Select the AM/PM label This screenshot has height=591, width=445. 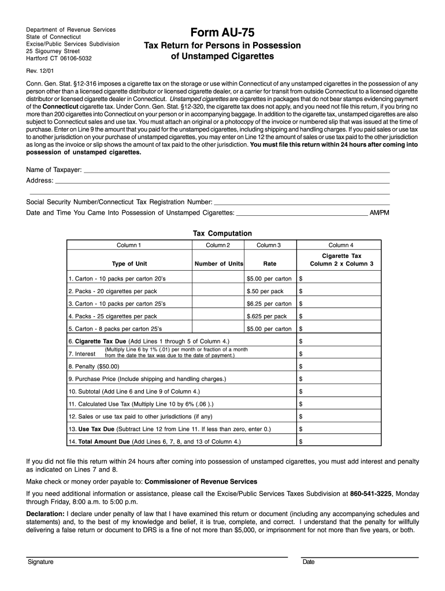click(380, 213)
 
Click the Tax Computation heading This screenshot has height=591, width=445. click(222, 233)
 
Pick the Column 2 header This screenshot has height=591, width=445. click(218, 245)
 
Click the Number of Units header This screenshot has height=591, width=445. click(219, 264)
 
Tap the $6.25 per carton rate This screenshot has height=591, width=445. click(269, 304)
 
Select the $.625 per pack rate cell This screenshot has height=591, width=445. click(266, 316)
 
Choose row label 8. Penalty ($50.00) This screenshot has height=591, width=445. click(94, 366)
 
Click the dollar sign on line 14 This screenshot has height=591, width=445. click(301, 442)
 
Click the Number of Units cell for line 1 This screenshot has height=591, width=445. click(218, 278)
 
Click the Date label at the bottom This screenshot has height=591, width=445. click(308, 562)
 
